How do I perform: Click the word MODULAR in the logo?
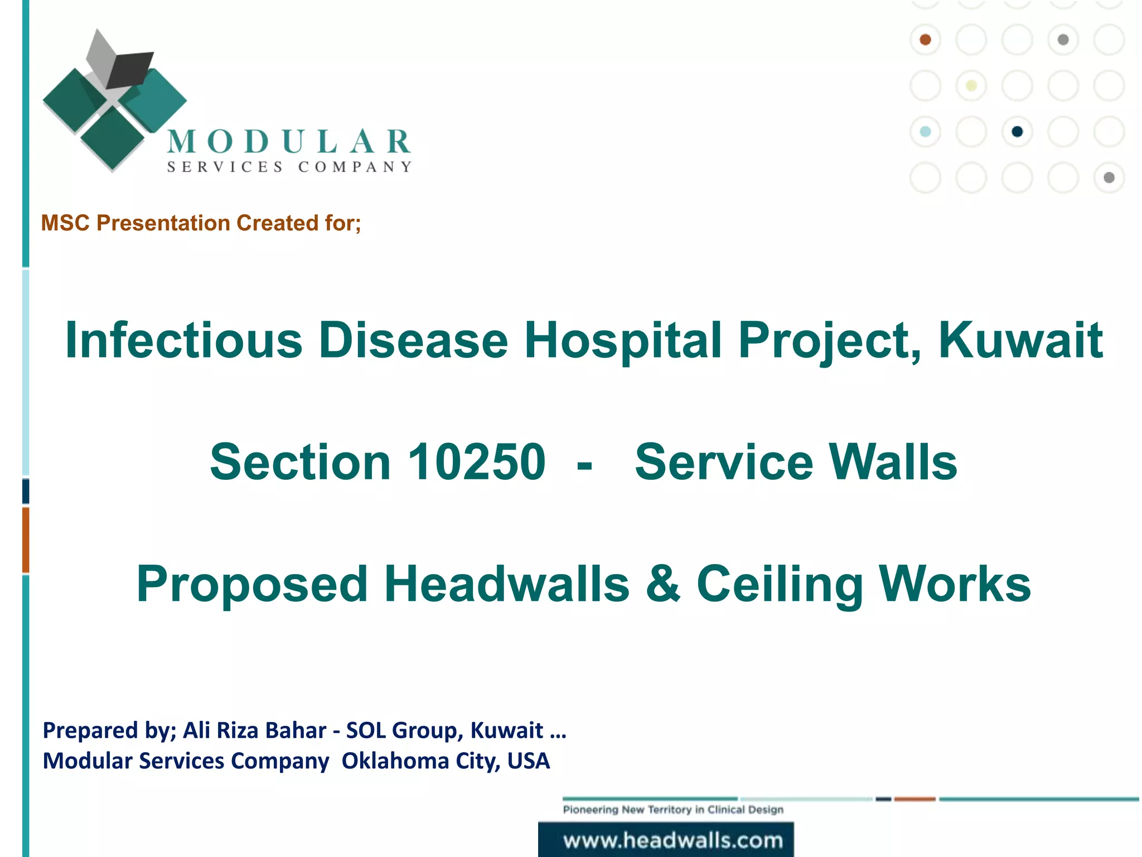pyautogui.click(x=289, y=142)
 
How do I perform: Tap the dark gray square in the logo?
pyautogui.click(x=129, y=70)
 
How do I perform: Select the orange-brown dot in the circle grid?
pyautogui.click(x=925, y=40)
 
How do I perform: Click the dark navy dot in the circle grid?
pyautogui.click(x=1017, y=132)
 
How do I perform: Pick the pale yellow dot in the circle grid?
pyautogui.click(x=971, y=85)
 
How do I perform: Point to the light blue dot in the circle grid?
pyautogui.click(x=925, y=132)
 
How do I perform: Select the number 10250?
pyautogui.click(x=477, y=462)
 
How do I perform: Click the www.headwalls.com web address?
pyautogui.click(x=672, y=840)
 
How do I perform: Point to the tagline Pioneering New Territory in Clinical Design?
pyautogui.click(x=672, y=810)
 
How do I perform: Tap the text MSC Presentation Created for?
pyautogui.click(x=201, y=223)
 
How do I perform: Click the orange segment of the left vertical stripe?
pyautogui.click(x=26, y=540)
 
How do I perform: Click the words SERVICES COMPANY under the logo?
pyautogui.click(x=289, y=167)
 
